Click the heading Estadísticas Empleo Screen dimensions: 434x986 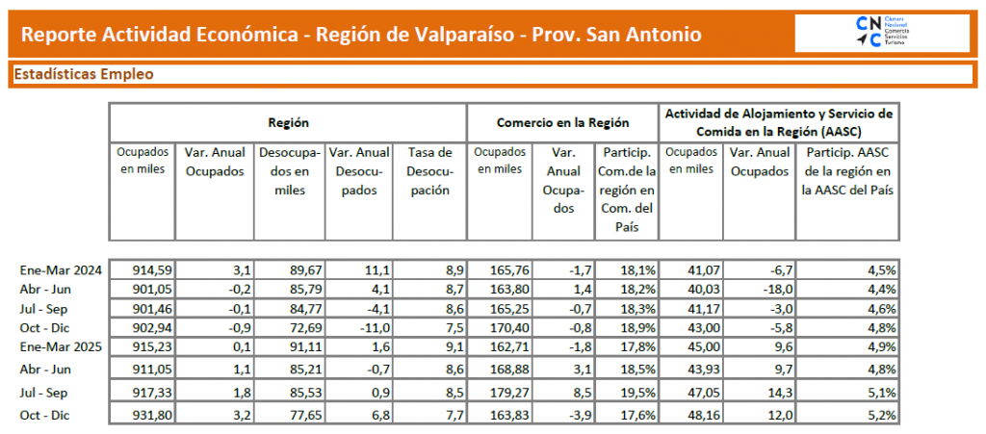(84, 74)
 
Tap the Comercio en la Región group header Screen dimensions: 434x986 (562, 123)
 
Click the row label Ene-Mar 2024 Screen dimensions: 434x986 (61, 269)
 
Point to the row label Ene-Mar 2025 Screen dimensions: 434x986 (61, 345)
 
